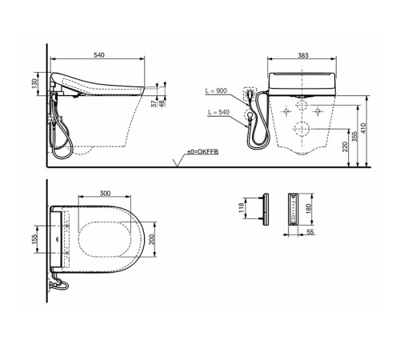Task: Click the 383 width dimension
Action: [x=299, y=58]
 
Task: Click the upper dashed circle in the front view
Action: [x=302, y=106]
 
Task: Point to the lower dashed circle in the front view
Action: [x=302, y=128]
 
